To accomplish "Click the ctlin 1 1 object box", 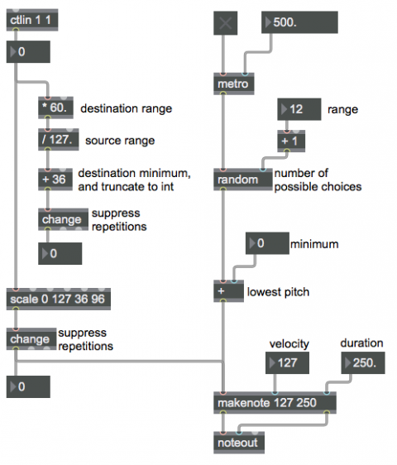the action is click(x=32, y=20).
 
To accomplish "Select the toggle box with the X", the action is click(x=225, y=23).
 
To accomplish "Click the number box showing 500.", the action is click(x=299, y=22).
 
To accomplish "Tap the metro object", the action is click(x=233, y=84).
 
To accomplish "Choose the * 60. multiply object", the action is click(x=55, y=108).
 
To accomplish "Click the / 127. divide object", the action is click(x=59, y=139).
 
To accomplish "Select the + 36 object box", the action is click(x=55, y=180).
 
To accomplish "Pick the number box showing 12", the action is click(x=299, y=109).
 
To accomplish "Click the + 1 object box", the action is click(x=291, y=141).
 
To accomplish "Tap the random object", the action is click(x=243, y=180).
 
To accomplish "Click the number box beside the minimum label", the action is click(x=267, y=243).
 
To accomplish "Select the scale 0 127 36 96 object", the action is click(x=59, y=299).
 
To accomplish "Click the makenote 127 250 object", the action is click(x=275, y=403).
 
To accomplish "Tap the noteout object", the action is click(x=239, y=443).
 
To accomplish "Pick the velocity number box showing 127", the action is click(x=287, y=362).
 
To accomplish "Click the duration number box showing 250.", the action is click(x=363, y=362).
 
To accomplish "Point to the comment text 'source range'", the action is click(x=120, y=141).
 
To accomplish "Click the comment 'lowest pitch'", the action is click(x=278, y=292).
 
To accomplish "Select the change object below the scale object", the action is click(x=31, y=339).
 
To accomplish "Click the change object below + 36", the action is click(x=63, y=219).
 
